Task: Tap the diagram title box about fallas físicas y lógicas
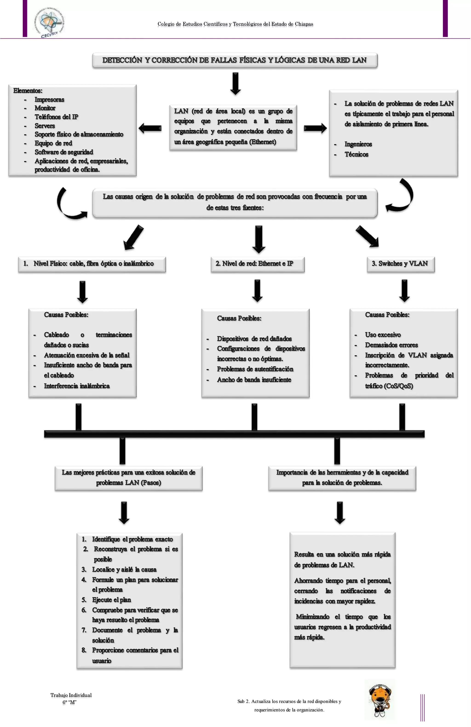[x=235, y=60]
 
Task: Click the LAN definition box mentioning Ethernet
[x=233, y=127]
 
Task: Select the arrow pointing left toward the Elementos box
[x=150, y=128]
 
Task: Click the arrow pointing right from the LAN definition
[x=315, y=128]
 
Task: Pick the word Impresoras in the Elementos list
[x=49, y=100]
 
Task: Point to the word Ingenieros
[x=358, y=144]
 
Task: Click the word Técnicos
[x=356, y=155]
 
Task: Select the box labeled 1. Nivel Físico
[x=92, y=264]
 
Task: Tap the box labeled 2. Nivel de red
[x=258, y=264]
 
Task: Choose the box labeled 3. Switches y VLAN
[x=400, y=264]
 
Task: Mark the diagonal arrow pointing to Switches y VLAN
[x=368, y=236]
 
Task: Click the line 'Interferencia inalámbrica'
[x=77, y=386]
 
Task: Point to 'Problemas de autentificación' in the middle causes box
[x=255, y=369]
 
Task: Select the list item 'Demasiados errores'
[x=391, y=345]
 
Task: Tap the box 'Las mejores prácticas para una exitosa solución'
[x=129, y=478]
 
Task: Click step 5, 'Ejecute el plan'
[x=111, y=600]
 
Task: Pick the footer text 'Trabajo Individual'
[x=71, y=695]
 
